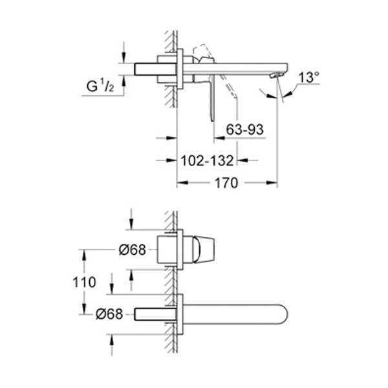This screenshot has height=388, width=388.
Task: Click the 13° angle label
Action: pyautogui.click(x=310, y=78)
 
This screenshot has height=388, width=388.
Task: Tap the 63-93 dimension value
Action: pyautogui.click(x=245, y=130)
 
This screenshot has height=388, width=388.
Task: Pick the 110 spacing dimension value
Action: pyautogui.click(x=85, y=282)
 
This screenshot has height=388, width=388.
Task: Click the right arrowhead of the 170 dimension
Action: pyautogui.click(x=274, y=184)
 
